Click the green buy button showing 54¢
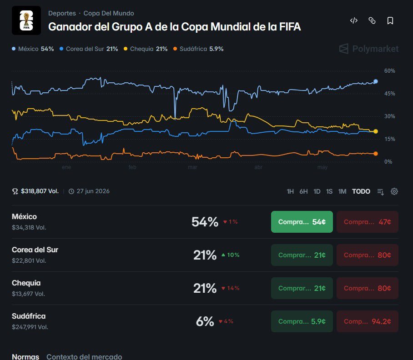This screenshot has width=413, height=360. point(302,222)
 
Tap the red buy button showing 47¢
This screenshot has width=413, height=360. point(368,222)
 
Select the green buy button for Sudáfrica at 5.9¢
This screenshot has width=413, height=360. point(302,321)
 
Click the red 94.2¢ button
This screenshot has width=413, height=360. point(368,321)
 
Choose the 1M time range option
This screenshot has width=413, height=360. point(342,191)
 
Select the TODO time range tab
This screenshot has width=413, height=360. point(361,191)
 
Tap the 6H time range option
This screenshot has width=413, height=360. point(303,191)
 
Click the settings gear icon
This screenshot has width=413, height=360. point(394,191)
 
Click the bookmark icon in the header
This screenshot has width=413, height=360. point(390,20)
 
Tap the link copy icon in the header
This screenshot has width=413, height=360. point(372,20)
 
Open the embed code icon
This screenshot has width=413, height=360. point(354,20)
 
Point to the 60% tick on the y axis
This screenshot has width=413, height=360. point(389,71)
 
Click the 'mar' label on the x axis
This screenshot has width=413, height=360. point(192,167)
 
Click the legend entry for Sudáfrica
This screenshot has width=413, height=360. point(198,49)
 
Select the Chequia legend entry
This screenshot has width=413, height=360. point(146,49)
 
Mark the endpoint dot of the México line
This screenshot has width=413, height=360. point(376,81)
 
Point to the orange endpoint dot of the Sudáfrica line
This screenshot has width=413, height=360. point(376,154)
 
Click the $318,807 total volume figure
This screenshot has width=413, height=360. point(40,191)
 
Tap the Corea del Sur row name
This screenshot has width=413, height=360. point(35,250)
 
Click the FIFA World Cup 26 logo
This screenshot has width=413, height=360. point(26,20)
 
